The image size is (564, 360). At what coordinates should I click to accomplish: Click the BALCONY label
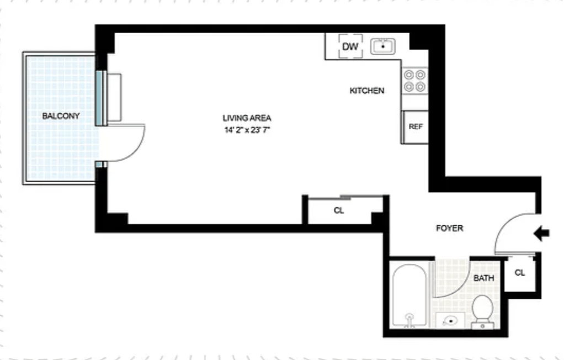(x=61, y=116)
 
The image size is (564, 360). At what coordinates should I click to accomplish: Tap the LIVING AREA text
(x=247, y=118)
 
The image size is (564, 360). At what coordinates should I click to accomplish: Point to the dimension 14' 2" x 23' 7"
(x=247, y=130)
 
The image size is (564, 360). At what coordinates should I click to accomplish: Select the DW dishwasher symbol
(x=350, y=47)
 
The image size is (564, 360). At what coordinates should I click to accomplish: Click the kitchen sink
(x=382, y=47)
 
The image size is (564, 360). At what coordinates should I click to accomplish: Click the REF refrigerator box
(x=415, y=126)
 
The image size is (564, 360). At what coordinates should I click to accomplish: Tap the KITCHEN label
(x=367, y=91)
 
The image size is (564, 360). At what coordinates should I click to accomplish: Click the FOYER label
(x=449, y=228)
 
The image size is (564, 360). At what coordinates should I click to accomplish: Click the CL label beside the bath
(x=519, y=273)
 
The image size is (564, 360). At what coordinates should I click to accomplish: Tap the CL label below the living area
(x=339, y=210)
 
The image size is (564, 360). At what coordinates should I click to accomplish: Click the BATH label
(x=483, y=278)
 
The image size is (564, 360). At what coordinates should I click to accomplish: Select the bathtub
(x=409, y=295)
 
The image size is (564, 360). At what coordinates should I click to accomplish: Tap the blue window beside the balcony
(x=100, y=98)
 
